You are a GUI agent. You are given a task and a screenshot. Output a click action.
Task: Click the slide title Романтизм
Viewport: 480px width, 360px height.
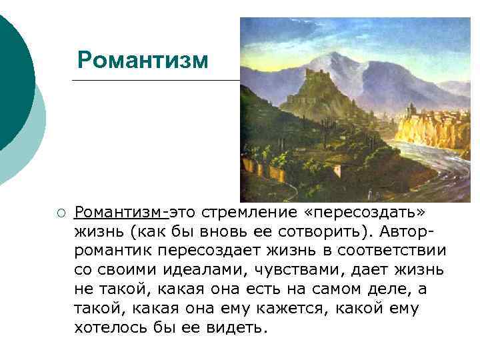143,60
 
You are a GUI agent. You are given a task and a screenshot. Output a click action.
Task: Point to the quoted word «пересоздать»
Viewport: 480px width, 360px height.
364,212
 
